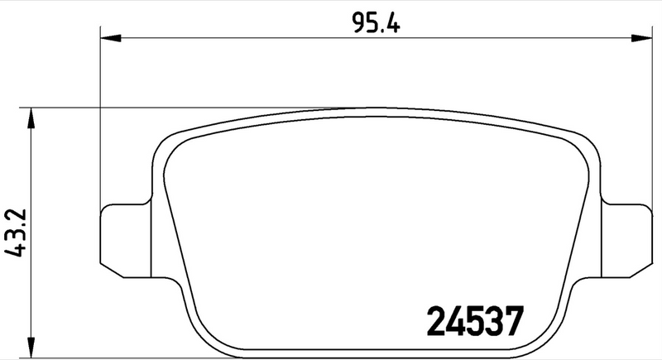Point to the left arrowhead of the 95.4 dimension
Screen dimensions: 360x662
pos(110,37)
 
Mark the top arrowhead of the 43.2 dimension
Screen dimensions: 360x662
pos(31,117)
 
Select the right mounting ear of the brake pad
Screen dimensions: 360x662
pos(629,237)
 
